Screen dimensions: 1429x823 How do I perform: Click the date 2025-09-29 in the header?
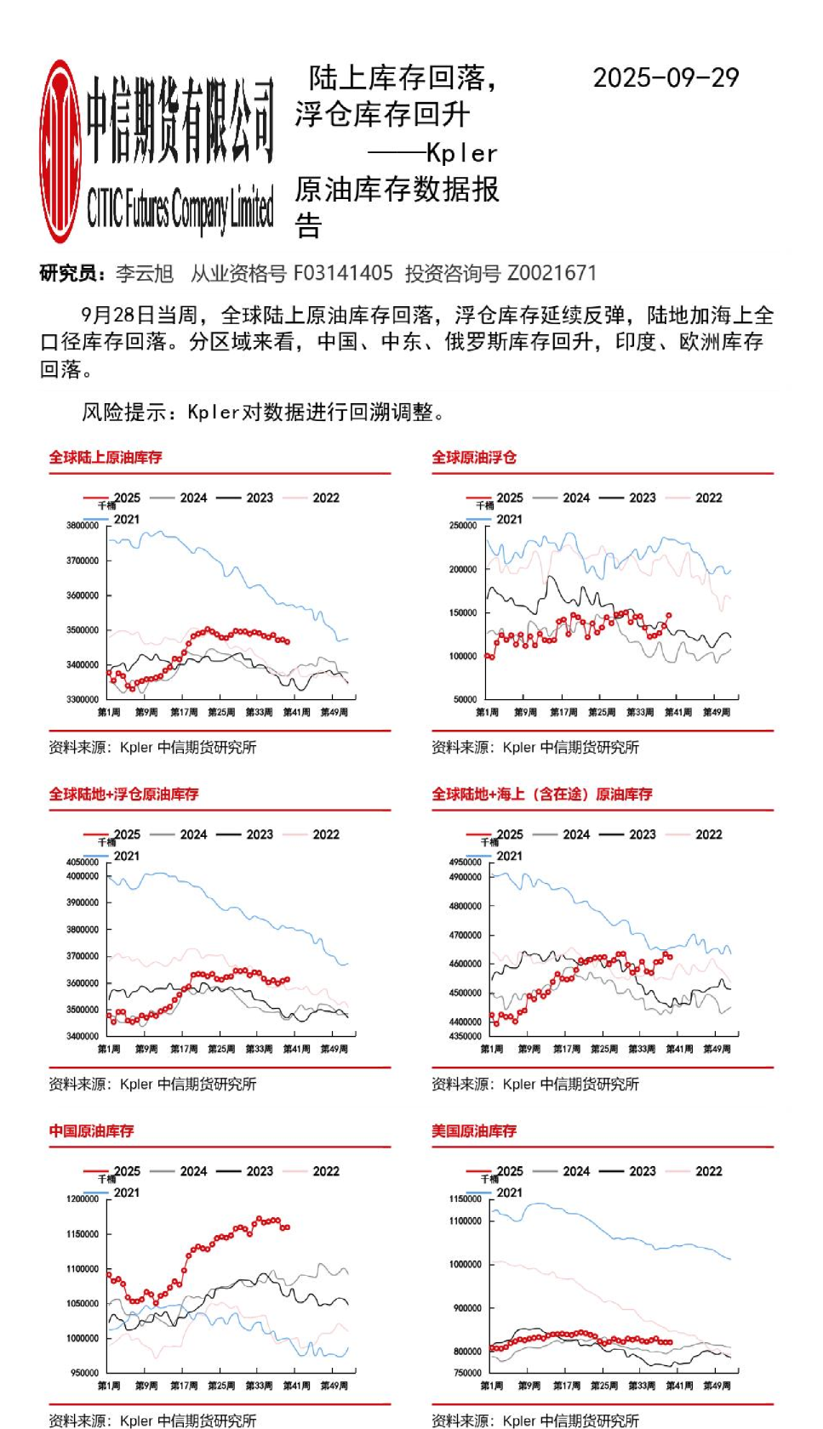666,78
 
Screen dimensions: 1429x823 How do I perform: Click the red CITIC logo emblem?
60,151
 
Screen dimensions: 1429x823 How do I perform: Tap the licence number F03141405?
343,273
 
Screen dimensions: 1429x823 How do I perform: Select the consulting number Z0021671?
552,273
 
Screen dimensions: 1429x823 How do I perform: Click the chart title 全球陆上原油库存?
106,458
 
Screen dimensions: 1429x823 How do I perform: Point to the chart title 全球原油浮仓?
474,458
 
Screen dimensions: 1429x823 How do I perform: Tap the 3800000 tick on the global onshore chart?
83,526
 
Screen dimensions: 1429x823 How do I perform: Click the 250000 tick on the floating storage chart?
463,526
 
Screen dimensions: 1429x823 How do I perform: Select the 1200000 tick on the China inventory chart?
83,1199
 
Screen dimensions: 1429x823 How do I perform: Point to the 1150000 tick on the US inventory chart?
465,1199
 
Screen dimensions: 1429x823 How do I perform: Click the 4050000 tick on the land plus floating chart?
83,863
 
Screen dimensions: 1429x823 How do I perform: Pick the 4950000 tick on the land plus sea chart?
465,863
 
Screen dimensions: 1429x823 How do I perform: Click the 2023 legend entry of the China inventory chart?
260,1172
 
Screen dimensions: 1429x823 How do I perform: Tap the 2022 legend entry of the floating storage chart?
708,498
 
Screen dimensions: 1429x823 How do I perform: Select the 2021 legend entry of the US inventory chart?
509,1193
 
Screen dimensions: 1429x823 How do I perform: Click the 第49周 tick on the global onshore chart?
334,713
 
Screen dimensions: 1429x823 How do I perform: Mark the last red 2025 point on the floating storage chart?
669,615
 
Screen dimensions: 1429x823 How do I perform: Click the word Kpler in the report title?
461,154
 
